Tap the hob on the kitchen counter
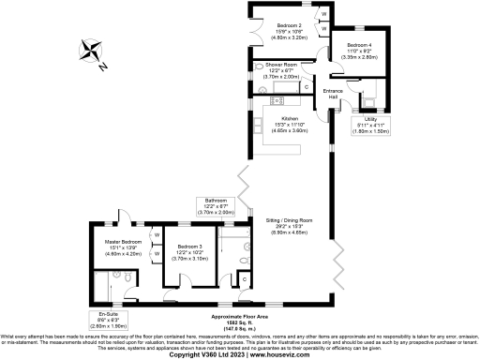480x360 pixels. coord(277,100)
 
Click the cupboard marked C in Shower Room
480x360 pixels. coord(307,86)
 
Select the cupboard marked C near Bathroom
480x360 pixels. coord(245,278)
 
